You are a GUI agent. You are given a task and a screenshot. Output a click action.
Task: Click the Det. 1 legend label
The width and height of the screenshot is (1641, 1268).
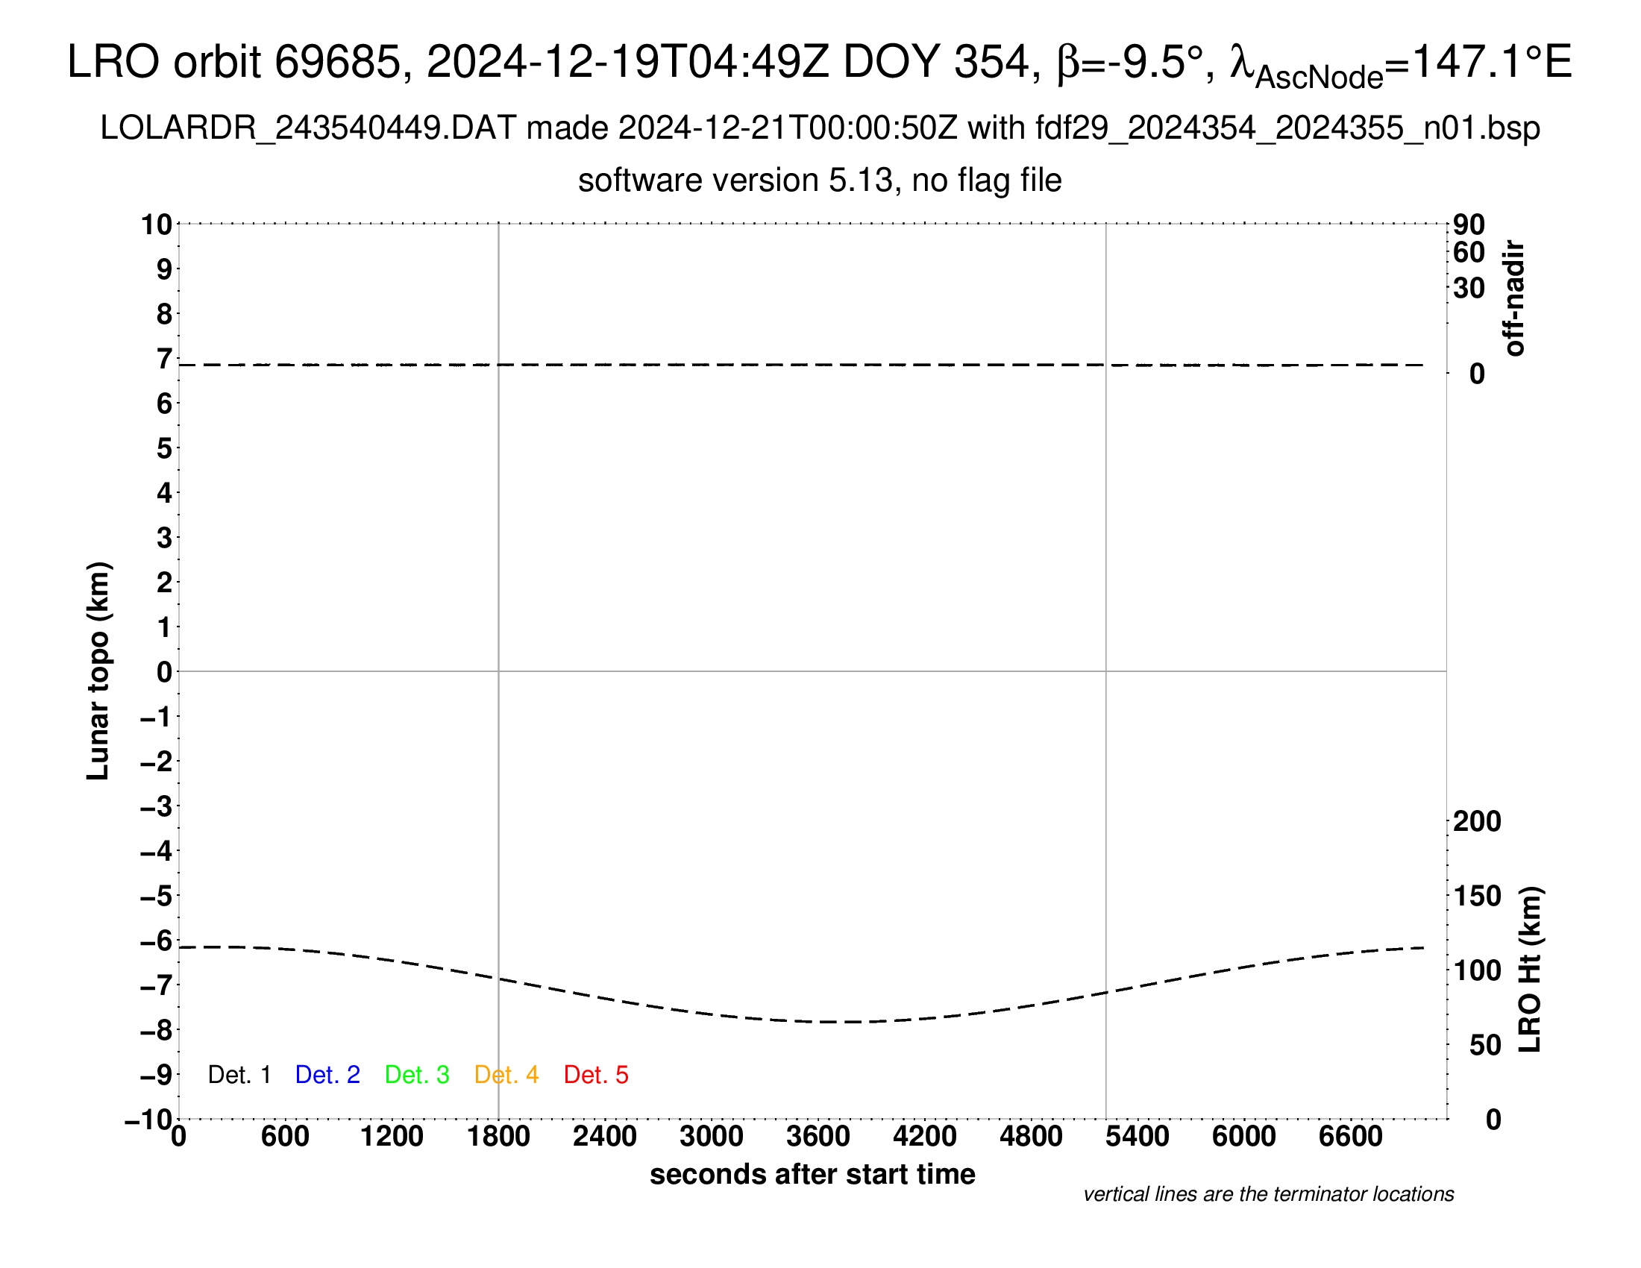click(x=239, y=1075)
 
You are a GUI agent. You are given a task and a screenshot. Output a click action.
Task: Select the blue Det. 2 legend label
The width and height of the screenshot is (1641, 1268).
click(x=327, y=1075)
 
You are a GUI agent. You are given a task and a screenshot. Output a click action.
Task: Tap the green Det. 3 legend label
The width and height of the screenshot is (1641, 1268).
click(x=417, y=1075)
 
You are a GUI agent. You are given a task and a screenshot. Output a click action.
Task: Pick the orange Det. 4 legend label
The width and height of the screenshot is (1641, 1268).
click(x=506, y=1075)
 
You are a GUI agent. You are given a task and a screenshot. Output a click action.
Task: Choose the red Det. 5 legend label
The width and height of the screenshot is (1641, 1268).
click(x=596, y=1075)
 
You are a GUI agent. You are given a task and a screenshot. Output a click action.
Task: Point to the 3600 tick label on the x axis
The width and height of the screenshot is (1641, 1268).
click(x=818, y=1137)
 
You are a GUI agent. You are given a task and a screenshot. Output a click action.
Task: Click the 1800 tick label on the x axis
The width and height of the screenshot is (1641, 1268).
click(x=498, y=1137)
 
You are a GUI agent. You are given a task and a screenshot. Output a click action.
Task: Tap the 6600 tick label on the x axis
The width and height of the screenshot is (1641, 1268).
click(x=1350, y=1137)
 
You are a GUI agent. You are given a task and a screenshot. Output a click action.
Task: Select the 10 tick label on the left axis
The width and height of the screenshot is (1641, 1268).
click(x=157, y=225)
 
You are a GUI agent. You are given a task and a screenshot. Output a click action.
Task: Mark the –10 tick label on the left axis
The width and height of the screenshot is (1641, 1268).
click(x=148, y=1120)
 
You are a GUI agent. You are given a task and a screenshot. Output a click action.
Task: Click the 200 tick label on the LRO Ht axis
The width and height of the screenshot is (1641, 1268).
click(x=1477, y=822)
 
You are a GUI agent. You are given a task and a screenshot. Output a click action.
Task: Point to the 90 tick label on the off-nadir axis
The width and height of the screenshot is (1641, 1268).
click(x=1469, y=225)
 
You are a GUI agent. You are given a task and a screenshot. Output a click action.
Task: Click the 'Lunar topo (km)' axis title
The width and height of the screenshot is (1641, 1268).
click(x=98, y=671)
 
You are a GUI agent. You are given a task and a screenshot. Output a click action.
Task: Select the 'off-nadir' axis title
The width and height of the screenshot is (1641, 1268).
click(x=1515, y=298)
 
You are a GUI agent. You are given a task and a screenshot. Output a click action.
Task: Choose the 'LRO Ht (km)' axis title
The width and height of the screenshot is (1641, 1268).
click(x=1530, y=970)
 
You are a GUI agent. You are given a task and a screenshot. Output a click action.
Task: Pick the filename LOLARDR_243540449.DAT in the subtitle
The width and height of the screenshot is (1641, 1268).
click(x=308, y=128)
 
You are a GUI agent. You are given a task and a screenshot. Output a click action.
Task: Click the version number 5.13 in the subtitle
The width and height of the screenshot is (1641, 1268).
click(x=861, y=181)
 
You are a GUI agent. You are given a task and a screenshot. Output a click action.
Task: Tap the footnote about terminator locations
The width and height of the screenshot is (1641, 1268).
click(x=1268, y=1194)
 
